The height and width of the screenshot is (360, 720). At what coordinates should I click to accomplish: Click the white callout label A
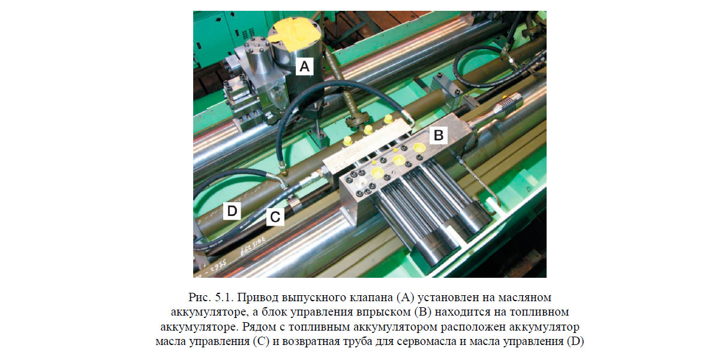(304, 67)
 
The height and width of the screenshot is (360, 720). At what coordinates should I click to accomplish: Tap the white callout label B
(439, 135)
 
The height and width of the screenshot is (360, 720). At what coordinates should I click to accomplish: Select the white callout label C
(275, 217)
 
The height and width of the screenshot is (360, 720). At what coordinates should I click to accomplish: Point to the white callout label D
(232, 211)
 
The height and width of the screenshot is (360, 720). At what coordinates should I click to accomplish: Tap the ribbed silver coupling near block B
(508, 103)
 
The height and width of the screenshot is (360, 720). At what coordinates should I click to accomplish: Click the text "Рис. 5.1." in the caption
(211, 298)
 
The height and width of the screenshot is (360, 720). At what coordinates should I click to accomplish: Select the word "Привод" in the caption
(258, 298)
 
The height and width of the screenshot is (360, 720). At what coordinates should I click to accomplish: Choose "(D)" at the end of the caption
(575, 341)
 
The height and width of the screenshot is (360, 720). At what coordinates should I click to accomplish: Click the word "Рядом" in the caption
(259, 327)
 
